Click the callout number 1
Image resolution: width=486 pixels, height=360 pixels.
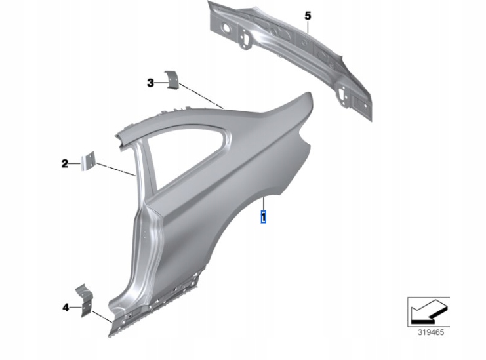(x=264, y=217)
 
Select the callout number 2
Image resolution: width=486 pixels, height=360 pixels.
(x=64, y=163)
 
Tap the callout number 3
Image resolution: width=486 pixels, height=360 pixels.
(x=150, y=83)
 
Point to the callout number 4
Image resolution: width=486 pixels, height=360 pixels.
(x=66, y=308)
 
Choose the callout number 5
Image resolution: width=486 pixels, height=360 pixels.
(x=308, y=16)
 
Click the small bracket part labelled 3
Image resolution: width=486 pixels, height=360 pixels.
(x=172, y=79)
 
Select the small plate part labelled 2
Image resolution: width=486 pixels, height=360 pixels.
(x=88, y=161)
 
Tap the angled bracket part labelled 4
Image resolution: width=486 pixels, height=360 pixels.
(x=85, y=300)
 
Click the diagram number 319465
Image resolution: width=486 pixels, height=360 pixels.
(x=431, y=332)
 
